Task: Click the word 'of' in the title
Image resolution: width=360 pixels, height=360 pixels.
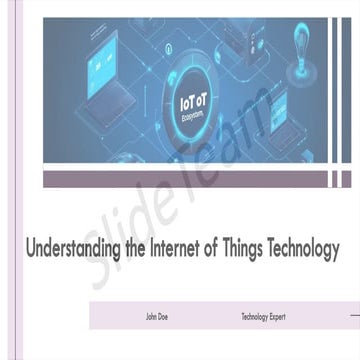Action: [x=220, y=249]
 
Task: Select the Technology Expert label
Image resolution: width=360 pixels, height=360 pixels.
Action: [x=263, y=317]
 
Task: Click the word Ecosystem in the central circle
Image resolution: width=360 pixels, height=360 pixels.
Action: [x=194, y=114]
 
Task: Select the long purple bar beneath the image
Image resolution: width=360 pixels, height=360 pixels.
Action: [x=185, y=179]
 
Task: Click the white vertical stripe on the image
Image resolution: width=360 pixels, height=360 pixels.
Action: [x=336, y=90]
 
